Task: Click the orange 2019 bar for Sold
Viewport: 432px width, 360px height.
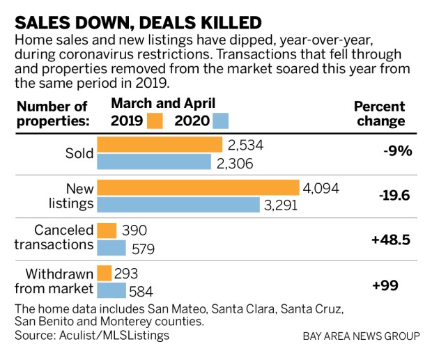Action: [160, 145]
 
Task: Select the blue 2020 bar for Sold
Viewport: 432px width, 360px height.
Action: [154, 162]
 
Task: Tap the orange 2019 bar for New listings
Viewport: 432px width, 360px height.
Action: [198, 188]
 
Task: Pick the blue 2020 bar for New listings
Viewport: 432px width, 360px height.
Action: [178, 205]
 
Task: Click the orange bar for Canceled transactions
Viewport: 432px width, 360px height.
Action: [107, 230]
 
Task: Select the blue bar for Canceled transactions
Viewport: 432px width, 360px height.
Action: [111, 247]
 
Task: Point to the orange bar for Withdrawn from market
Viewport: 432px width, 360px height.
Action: [105, 273]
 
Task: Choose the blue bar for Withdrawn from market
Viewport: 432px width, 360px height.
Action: [111, 290]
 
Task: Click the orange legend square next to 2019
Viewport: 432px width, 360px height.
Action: [155, 120]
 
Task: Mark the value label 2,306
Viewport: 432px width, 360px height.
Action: [234, 162]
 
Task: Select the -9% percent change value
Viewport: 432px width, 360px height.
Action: [396, 151]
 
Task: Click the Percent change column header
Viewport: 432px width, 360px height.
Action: [379, 114]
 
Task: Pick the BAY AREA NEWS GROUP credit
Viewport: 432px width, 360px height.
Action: [361, 336]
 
